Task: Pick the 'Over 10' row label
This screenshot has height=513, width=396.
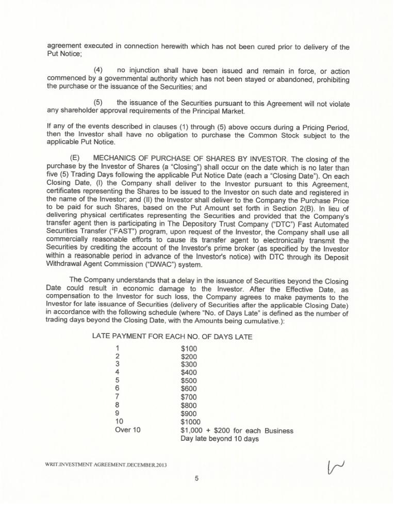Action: point(129,431)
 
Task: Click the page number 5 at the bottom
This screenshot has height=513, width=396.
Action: point(197,478)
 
